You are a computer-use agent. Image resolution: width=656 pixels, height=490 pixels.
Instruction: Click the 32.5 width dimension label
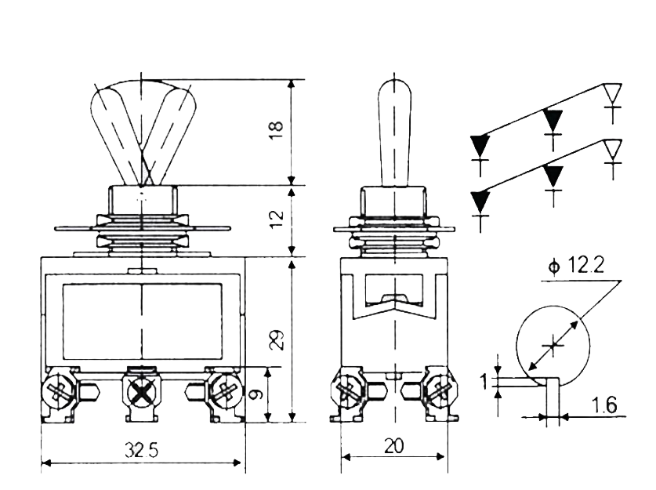(142, 450)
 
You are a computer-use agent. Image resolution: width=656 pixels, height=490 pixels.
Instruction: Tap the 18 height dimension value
(277, 131)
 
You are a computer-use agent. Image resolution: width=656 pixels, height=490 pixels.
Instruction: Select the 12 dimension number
(277, 220)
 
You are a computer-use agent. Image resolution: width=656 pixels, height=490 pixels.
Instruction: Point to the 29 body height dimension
(277, 339)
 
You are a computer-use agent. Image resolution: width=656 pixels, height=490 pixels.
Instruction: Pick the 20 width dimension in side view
(393, 445)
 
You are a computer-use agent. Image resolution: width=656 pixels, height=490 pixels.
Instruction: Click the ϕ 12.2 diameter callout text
(578, 265)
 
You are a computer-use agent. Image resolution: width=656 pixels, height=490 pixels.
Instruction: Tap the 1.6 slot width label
(604, 405)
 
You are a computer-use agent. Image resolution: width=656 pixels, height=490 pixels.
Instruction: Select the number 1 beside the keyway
(484, 382)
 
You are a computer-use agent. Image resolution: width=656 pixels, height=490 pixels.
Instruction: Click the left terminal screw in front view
(59, 391)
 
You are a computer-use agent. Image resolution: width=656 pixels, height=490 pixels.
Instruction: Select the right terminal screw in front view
(227, 391)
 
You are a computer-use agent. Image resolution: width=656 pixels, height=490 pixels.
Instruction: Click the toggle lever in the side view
(394, 132)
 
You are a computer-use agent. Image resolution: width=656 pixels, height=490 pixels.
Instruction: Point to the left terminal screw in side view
(347, 391)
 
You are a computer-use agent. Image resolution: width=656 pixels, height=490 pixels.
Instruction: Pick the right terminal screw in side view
(441, 391)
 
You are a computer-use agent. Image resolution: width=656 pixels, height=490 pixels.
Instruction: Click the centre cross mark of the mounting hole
(553, 345)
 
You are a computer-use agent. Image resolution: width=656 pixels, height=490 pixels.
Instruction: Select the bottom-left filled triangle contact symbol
(480, 201)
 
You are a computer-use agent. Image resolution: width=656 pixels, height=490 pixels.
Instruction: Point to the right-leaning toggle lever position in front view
(168, 134)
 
